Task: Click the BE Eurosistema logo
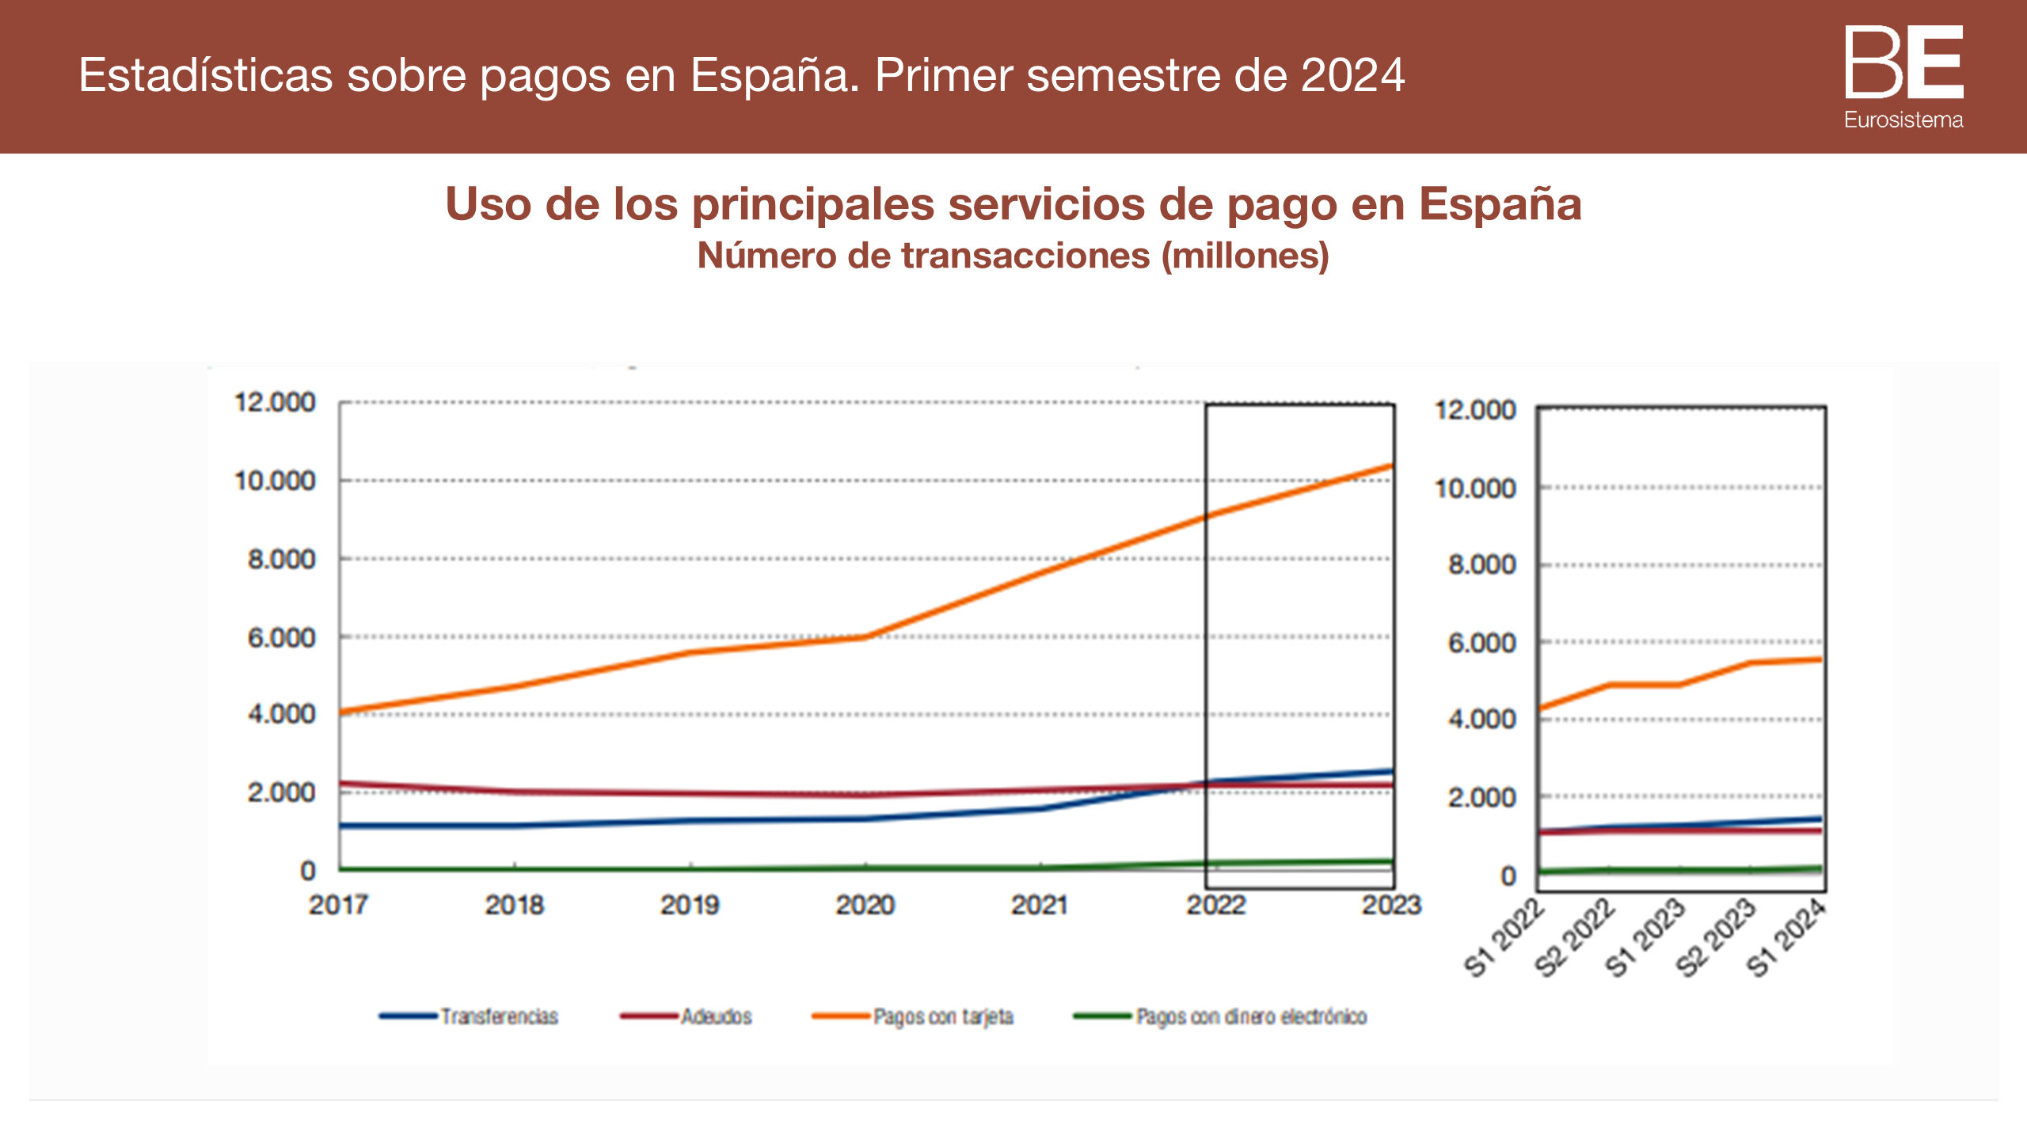tap(1903, 76)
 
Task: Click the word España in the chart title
tap(1500, 204)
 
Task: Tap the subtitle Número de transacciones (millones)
tap(1013, 256)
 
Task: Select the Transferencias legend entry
tap(499, 1016)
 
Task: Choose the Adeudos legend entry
tap(716, 1016)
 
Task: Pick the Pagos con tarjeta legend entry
tap(942, 1016)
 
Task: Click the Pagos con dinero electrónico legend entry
tap(1251, 1016)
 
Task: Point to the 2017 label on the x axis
tap(339, 905)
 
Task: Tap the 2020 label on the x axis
tap(865, 905)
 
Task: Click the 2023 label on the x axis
tap(1391, 905)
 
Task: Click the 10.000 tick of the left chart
tap(275, 481)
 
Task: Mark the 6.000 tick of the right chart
tap(1481, 643)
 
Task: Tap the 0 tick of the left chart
tap(308, 871)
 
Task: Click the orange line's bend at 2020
tap(865, 636)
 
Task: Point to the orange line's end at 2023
tap(1391, 466)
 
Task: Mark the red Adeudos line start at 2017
tap(341, 784)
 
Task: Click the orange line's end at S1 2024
tap(1820, 659)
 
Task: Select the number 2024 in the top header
tap(1352, 76)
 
